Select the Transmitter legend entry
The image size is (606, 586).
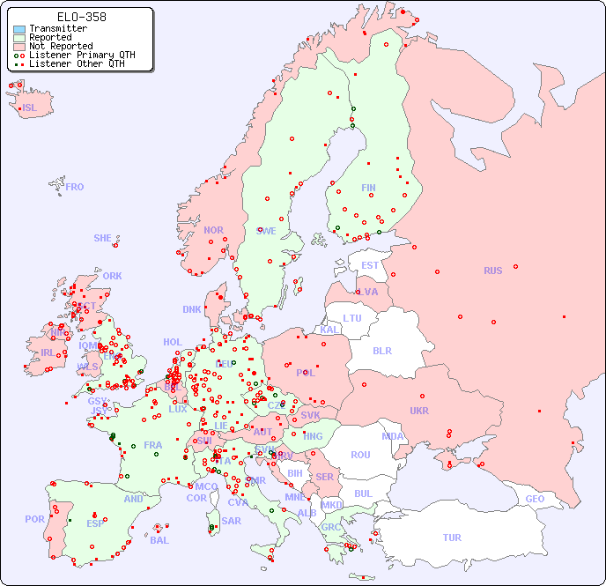pyautogui.click(x=57, y=28)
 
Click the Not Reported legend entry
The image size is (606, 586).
pyautogui.click(x=60, y=46)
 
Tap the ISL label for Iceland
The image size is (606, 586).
pyautogui.click(x=30, y=108)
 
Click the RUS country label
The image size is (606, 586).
pyautogui.click(x=492, y=271)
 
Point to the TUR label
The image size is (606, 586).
pyautogui.click(x=452, y=538)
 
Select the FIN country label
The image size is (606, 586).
pyautogui.click(x=368, y=188)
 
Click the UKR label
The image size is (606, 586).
pyautogui.click(x=419, y=411)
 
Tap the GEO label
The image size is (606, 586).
pyautogui.click(x=535, y=499)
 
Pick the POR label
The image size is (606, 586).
pyautogui.click(x=34, y=519)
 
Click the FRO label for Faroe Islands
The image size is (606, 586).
pyautogui.click(x=75, y=187)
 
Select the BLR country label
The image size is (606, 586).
pyautogui.click(x=381, y=350)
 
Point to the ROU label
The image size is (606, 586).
pyautogui.click(x=360, y=455)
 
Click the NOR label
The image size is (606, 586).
pyautogui.click(x=213, y=230)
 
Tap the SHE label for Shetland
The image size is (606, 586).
pyautogui.click(x=103, y=238)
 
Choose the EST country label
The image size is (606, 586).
pyautogui.click(x=370, y=265)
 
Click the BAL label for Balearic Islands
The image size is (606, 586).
pyautogui.click(x=159, y=540)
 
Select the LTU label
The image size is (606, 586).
pyautogui.click(x=352, y=318)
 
